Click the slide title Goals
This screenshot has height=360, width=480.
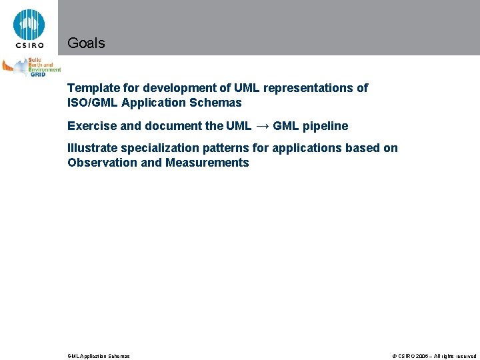(86, 43)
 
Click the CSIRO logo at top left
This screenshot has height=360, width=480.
(29, 29)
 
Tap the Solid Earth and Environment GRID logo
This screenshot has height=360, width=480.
(31, 67)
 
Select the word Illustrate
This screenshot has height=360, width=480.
(92, 148)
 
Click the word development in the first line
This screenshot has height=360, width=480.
(185, 88)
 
